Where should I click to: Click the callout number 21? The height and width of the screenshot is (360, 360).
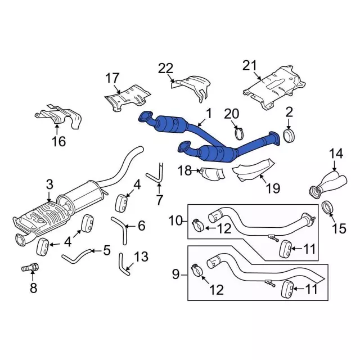(x=249, y=66)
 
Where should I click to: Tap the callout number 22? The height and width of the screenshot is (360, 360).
(x=165, y=68)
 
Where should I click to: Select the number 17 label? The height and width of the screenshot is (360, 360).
(x=112, y=78)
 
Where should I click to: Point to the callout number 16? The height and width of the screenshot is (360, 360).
(x=59, y=141)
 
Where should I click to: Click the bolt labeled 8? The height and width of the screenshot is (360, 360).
(x=30, y=268)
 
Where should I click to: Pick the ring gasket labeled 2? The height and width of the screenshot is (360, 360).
(x=289, y=136)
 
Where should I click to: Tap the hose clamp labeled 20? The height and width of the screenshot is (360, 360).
(x=240, y=134)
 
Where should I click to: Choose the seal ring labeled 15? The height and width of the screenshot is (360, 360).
(x=327, y=207)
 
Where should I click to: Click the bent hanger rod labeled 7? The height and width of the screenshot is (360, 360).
(x=156, y=173)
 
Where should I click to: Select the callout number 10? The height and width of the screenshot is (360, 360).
(x=175, y=220)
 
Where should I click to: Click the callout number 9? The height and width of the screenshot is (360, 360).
(x=175, y=274)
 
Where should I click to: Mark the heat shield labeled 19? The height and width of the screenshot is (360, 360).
(x=254, y=170)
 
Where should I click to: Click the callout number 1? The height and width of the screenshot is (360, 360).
(x=209, y=114)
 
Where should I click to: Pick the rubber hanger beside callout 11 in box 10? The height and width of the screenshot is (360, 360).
(x=285, y=248)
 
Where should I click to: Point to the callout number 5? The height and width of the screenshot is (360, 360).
(x=107, y=250)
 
